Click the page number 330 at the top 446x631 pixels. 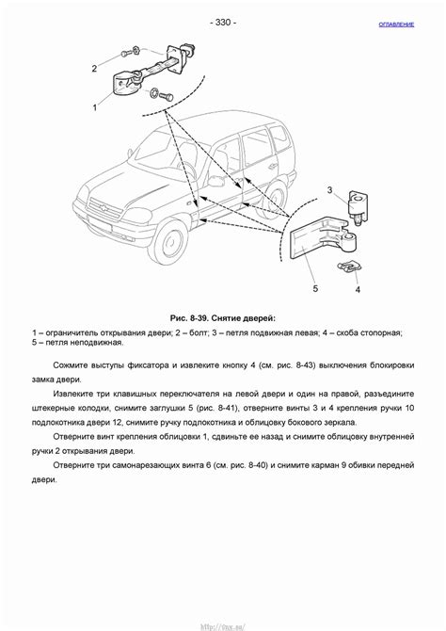223,22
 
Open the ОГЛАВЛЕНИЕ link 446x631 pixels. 396,24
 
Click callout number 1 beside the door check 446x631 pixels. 94,108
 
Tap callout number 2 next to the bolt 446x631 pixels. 94,68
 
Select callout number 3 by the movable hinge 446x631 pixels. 329,190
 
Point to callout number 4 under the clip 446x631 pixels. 358,290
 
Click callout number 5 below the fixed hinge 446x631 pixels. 315,288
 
